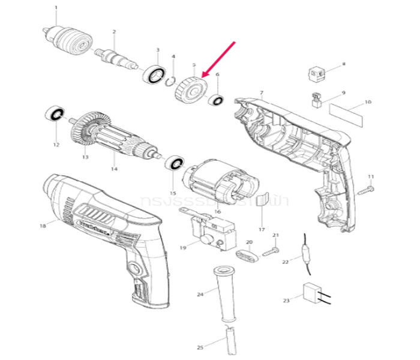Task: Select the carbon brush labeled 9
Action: coord(317,100)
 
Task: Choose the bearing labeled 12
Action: coord(55,115)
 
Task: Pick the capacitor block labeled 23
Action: coord(313,294)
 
